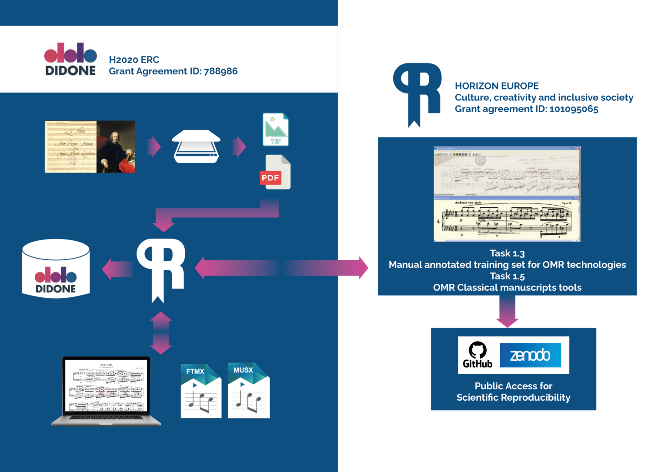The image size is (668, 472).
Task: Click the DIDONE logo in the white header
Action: click(70, 59)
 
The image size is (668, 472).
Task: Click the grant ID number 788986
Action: click(220, 71)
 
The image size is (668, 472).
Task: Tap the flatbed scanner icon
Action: click(196, 147)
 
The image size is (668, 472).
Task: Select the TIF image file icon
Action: click(275, 130)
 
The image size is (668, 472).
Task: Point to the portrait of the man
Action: click(116, 147)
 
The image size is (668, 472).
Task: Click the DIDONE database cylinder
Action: click(56, 269)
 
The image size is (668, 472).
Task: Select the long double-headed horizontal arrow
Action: click(282, 268)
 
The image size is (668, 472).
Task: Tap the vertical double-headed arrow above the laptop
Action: click(161, 333)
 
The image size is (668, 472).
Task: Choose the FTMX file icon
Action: click(201, 392)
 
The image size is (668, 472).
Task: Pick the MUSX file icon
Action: click(249, 391)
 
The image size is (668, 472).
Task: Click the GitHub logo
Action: click(478, 355)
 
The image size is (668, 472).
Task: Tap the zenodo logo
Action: click(530, 355)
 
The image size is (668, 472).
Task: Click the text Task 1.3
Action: click(507, 253)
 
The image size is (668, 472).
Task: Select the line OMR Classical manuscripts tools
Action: click(507, 288)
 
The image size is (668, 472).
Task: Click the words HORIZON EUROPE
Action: click(497, 86)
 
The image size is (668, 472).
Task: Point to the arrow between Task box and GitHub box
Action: click(507, 312)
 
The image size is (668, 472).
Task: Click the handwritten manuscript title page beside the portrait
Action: click(71, 147)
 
